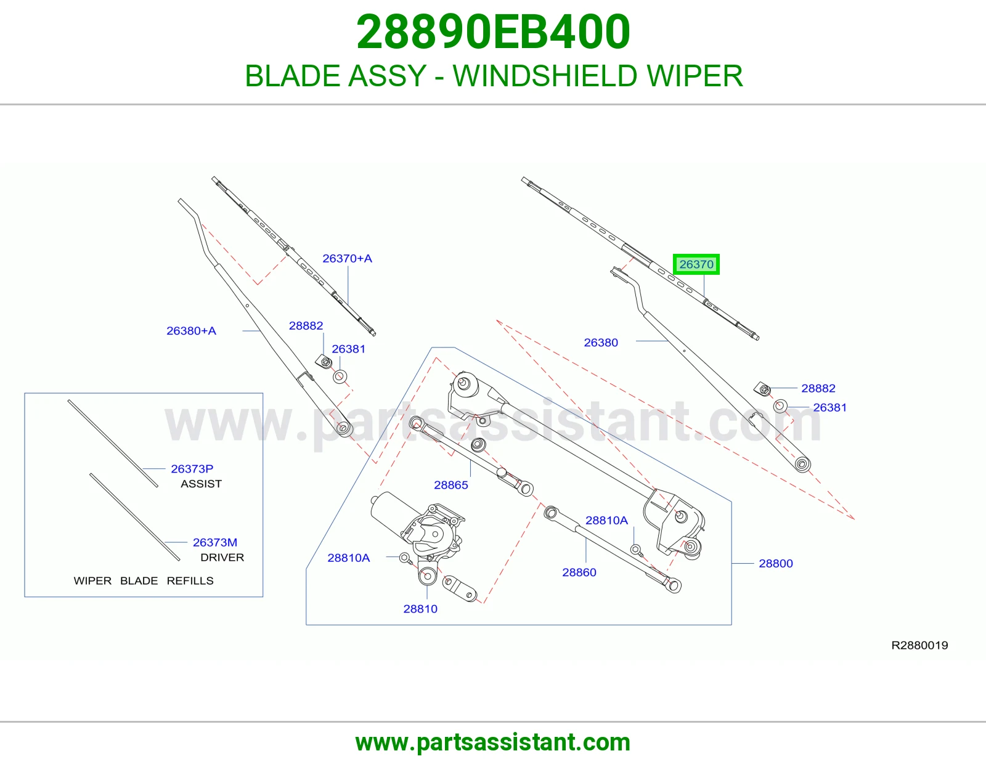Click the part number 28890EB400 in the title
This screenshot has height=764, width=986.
click(493, 32)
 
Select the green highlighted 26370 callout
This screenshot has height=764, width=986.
click(696, 264)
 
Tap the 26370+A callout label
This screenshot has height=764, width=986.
click(347, 258)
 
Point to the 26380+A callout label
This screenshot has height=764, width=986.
click(191, 331)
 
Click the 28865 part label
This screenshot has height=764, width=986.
click(451, 485)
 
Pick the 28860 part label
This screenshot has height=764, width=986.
click(579, 572)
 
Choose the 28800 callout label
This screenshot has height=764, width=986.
click(776, 564)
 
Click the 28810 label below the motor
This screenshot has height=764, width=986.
click(420, 609)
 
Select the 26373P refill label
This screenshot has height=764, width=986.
click(192, 469)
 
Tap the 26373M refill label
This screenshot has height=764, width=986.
click(215, 542)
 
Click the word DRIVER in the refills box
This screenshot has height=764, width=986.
click(222, 557)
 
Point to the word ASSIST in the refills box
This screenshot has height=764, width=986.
click(202, 484)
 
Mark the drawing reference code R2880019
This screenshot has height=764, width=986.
click(919, 645)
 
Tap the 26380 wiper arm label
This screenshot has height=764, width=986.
click(601, 343)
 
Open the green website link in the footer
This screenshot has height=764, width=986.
click(493, 742)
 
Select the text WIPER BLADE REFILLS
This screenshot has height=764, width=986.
click(144, 581)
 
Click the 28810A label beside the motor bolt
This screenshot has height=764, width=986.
click(348, 558)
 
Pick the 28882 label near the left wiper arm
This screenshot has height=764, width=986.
click(306, 325)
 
